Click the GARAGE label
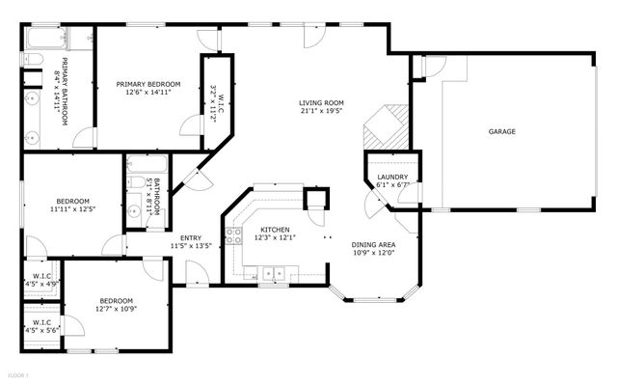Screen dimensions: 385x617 point(501,131)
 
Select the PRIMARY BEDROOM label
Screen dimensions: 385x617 point(148,84)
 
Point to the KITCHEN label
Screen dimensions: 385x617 point(275,229)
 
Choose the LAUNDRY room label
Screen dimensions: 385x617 point(392,177)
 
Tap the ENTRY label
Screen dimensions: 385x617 point(191,237)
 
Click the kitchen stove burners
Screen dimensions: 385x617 point(231,234)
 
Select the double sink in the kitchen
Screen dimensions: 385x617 point(272,275)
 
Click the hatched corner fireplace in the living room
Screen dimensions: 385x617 point(386,124)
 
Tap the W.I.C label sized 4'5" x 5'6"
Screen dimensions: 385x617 point(41,326)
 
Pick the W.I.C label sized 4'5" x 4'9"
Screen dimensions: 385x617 point(41,281)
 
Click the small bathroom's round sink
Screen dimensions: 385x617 point(131,209)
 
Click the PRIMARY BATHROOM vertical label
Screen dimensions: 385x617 point(62,96)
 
